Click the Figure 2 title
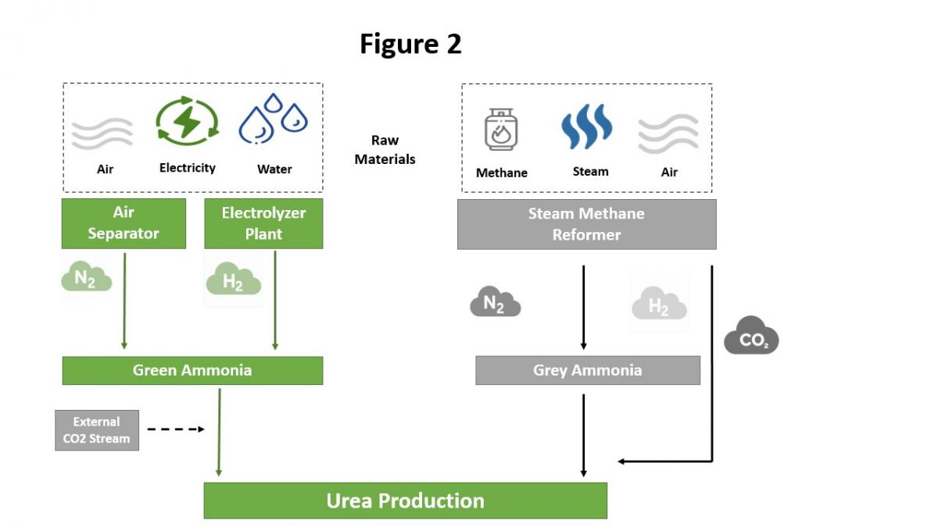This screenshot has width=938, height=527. coord(410,45)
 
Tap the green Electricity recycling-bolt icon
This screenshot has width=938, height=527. coord(187,122)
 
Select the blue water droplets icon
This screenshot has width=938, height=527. coord(274,119)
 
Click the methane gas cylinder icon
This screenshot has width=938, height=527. coord(500,130)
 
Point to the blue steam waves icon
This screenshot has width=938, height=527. coord(586,126)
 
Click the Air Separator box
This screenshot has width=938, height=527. coord(124,223)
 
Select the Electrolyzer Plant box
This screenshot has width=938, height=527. coord(263,223)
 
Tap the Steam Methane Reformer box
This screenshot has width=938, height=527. coord(586,224)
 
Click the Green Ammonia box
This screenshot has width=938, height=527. coord(192,370)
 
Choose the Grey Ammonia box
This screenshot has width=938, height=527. coord(587,370)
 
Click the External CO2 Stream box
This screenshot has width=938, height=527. coord(97,430)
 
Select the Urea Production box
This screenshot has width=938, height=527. coord(405,500)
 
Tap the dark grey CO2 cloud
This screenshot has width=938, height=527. coord(751,336)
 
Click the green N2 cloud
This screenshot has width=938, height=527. coord(86,277)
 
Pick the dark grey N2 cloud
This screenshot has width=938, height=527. coord(495,302)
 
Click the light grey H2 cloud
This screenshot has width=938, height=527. coord(659,304)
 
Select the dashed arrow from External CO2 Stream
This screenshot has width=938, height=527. coord(176,429)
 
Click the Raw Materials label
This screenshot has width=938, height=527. coord(385,149)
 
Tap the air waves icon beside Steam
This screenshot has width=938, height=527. coord(668,134)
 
